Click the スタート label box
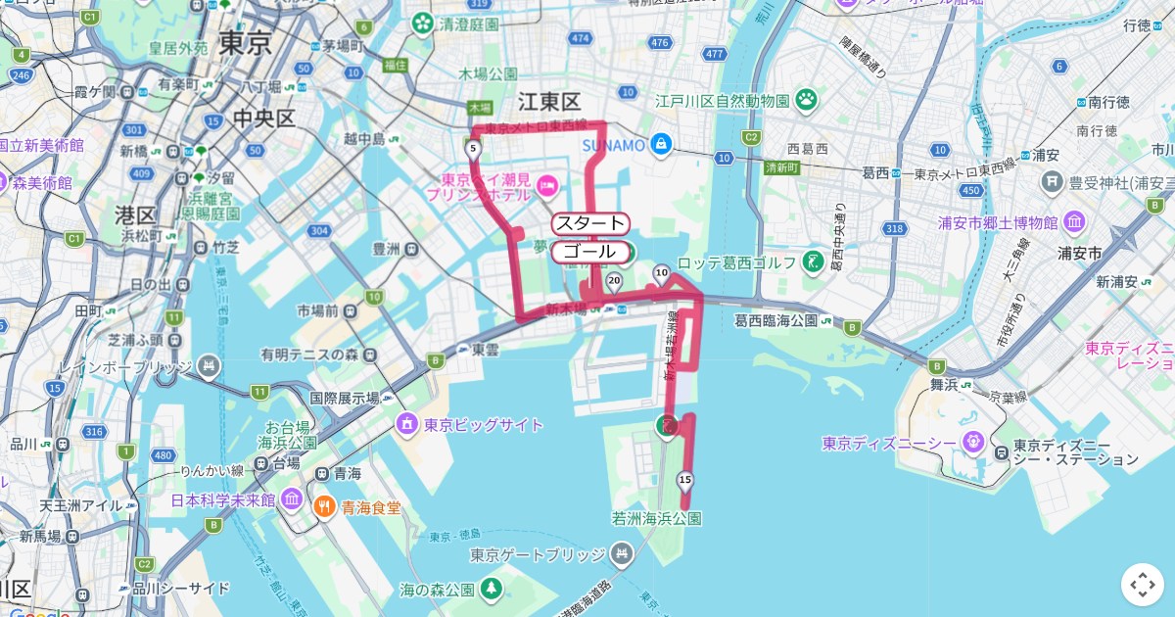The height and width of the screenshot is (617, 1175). click(588, 223)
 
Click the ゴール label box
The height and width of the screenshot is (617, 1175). click(588, 252)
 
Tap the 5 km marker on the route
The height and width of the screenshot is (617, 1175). click(473, 149)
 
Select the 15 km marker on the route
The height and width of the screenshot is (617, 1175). click(684, 479)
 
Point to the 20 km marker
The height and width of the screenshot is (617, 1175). click(614, 281)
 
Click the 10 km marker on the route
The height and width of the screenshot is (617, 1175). click(661, 273)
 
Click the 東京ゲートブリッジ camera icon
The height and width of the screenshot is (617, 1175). click(621, 555)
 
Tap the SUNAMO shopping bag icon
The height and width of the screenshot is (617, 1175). click(662, 145)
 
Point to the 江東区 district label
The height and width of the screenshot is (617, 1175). click(549, 102)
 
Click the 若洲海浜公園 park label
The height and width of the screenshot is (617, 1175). click(657, 518)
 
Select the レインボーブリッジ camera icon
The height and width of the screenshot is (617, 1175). click(208, 366)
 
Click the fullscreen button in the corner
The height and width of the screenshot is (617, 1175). click(1142, 585)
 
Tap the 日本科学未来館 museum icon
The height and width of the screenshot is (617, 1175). click(291, 499)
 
